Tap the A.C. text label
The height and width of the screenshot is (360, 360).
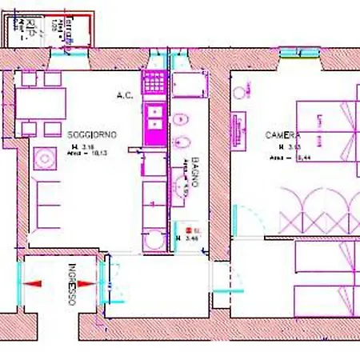click(124, 96)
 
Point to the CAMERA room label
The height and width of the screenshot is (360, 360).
click(282, 135)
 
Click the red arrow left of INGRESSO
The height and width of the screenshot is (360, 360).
click(35, 283)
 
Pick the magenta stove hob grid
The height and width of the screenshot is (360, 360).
click(153, 82)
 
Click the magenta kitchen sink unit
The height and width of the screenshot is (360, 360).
click(153, 118)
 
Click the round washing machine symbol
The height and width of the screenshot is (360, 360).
click(152, 240)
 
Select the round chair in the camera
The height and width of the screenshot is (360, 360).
click(239, 94)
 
